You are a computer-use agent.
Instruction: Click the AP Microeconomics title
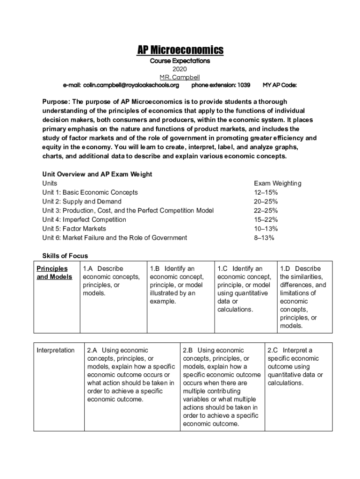tap(180, 50)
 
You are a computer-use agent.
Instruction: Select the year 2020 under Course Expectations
tap(180, 69)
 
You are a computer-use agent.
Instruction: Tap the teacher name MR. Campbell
tap(180, 77)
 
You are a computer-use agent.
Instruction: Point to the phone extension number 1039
tap(244, 85)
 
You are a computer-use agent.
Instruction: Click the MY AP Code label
tap(280, 85)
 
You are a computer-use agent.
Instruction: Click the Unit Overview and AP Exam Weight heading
tap(97, 174)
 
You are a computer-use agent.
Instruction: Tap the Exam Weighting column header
tap(277, 183)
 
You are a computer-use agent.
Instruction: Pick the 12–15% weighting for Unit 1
tap(266, 192)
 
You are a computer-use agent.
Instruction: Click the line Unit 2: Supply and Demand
tap(82, 201)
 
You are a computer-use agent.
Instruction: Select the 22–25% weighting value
tap(266, 210)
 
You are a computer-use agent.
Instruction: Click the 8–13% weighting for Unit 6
tap(264, 238)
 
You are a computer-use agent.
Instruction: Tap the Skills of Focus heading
tap(65, 256)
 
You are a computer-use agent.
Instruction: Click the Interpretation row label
tap(56, 350)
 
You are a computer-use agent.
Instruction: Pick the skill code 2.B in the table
tap(188, 350)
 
